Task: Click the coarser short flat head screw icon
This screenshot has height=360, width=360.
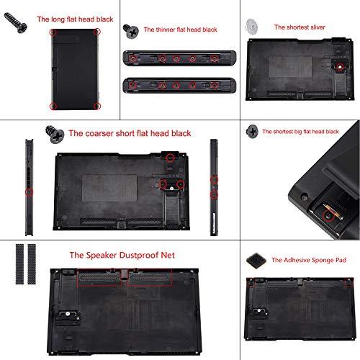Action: click(55, 134)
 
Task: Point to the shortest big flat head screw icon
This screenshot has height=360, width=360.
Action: click(253, 131)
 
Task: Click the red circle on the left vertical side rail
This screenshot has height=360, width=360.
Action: click(28, 192)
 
